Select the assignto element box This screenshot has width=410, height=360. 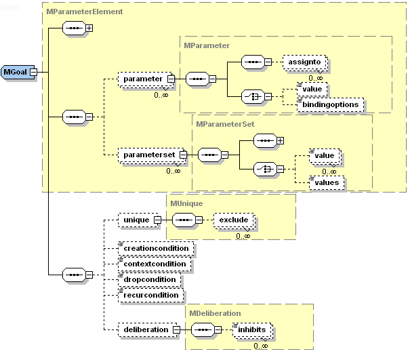pyautogui.click(x=304, y=62)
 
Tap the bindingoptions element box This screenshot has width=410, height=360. pyautogui.click(x=331, y=104)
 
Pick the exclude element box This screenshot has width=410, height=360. pyautogui.click(x=233, y=220)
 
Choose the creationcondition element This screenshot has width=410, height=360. pyautogui.click(x=156, y=248)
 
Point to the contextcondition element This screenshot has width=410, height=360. pyautogui.click(x=155, y=264)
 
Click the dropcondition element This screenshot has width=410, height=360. pyautogui.click(x=149, y=279)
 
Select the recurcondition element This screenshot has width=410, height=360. pyautogui.click(x=150, y=295)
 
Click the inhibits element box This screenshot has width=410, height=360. pyautogui.click(x=255, y=329)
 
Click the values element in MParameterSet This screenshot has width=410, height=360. pyautogui.click(x=325, y=182)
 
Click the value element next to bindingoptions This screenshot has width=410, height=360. pyautogui.click(x=312, y=89)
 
